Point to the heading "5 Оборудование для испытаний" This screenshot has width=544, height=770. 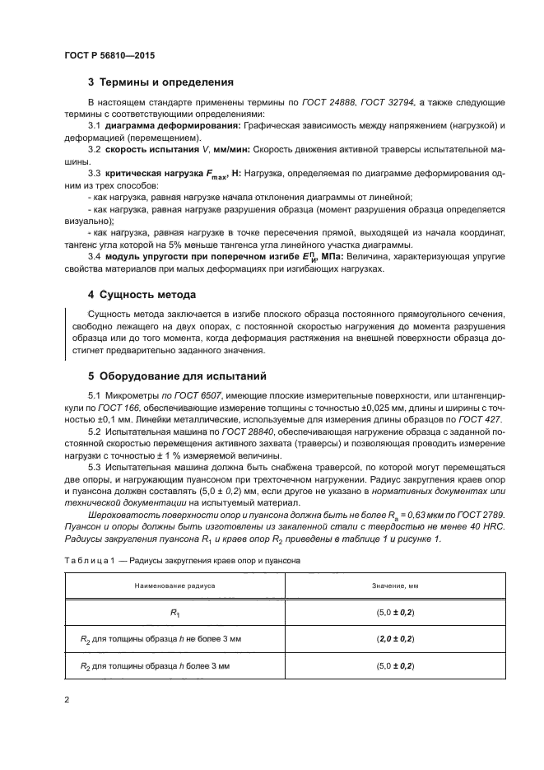[170, 377]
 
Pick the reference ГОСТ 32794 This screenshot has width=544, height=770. [389, 102]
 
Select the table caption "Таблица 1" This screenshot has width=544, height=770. [90, 560]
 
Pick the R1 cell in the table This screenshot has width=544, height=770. [174, 613]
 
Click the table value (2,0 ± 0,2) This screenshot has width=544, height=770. [395, 638]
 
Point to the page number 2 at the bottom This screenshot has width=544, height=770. [67, 700]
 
